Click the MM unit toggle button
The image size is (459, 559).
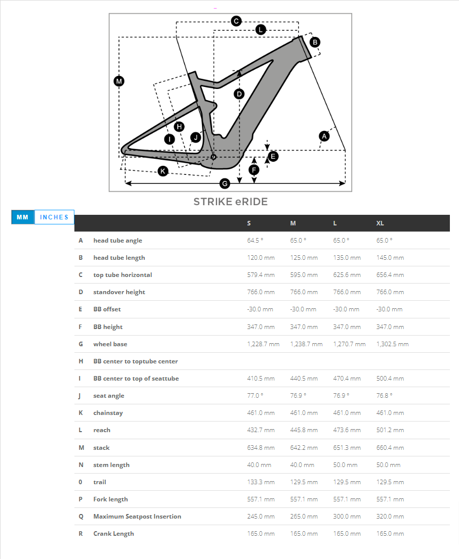[22, 217]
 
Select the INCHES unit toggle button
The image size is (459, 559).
[54, 217]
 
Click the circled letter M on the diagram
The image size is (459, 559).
[119, 81]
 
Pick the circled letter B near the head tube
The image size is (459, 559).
[315, 42]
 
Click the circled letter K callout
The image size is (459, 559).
[163, 171]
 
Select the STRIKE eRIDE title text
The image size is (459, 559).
[230, 202]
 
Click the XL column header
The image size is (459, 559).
[381, 223]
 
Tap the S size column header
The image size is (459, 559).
[249, 223]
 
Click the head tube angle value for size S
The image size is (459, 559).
[256, 241]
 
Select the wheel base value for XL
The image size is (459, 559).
[392, 344]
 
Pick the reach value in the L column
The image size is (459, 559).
[347, 430]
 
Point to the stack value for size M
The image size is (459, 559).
[304, 448]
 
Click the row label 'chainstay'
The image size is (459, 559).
[108, 413]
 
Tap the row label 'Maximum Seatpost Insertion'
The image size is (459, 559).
[137, 517]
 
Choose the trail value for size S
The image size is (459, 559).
[261, 482]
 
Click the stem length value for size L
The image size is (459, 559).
[345, 465]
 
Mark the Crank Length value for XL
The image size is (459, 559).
[390, 534]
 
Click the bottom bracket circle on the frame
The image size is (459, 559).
[214, 157]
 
